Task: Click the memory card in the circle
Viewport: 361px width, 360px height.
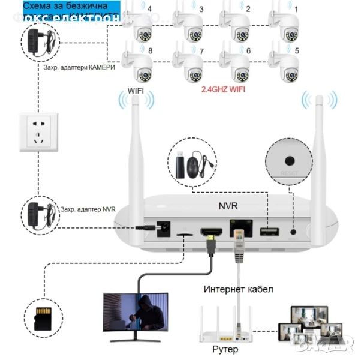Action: (43, 315)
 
